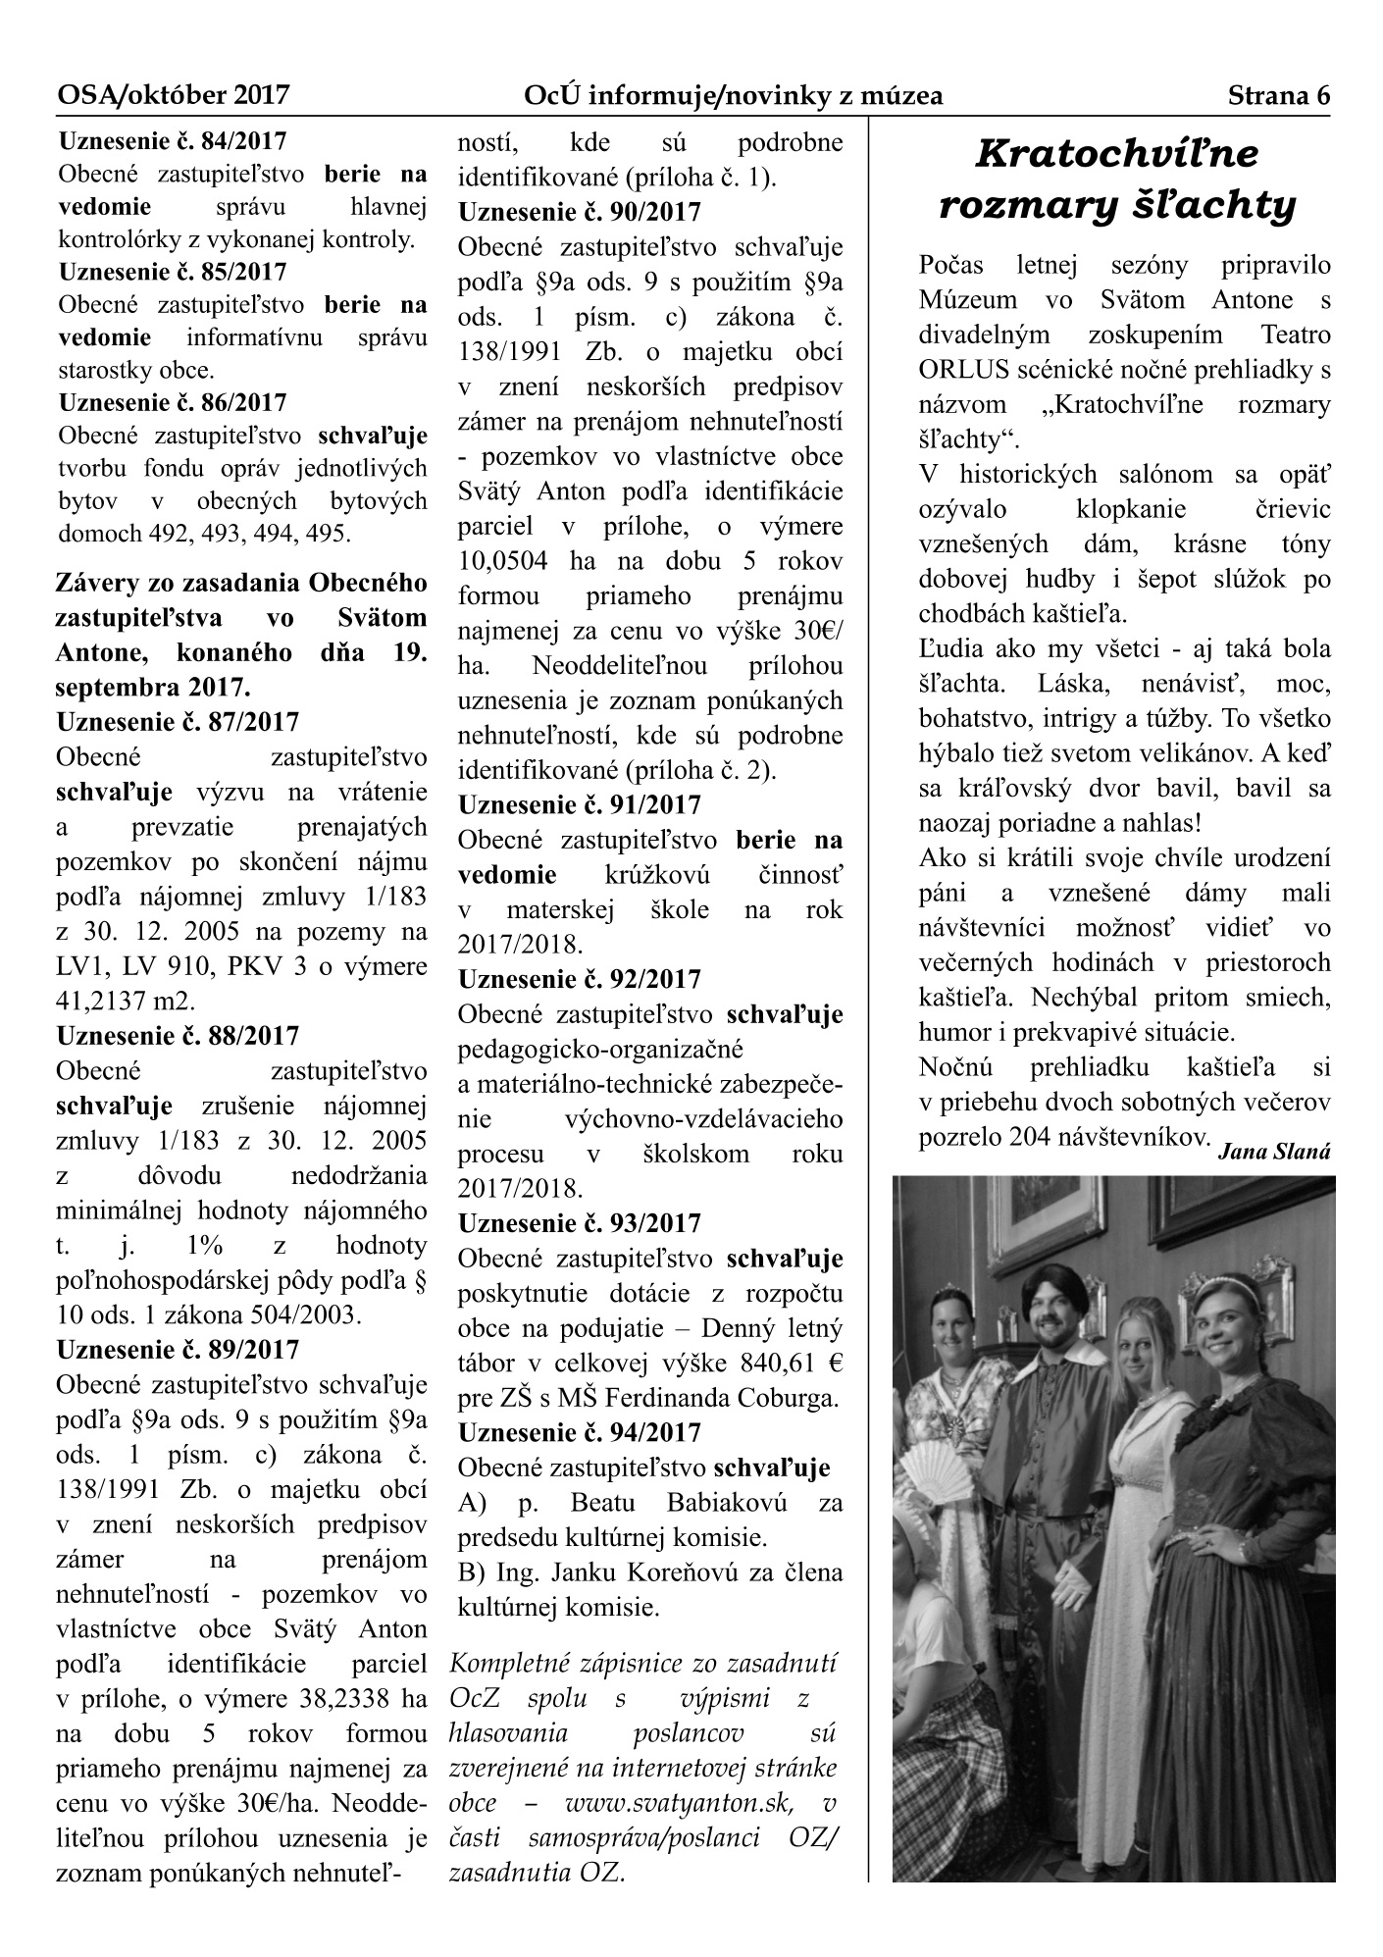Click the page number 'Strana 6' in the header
pos(1278,95)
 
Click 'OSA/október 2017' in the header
pos(174,95)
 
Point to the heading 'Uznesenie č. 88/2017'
pos(178,1036)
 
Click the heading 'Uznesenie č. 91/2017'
pos(579,805)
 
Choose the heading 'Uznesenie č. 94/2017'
pos(579,1433)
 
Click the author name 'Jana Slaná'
pos(1273,1154)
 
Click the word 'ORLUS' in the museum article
pos(957,370)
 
